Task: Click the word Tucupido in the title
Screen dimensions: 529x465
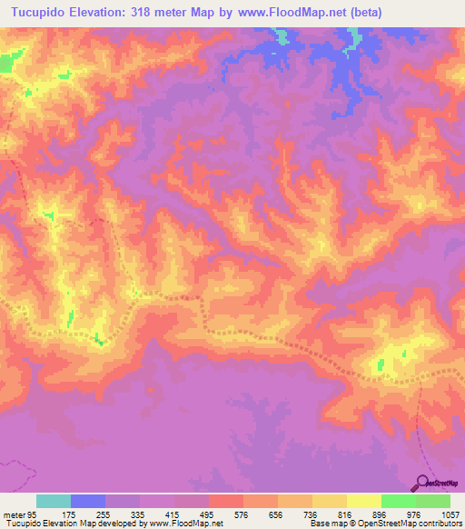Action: point(42,13)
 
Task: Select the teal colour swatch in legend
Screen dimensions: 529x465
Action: point(54,501)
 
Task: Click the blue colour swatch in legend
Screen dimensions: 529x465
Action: point(88,501)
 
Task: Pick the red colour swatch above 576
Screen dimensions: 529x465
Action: point(225,501)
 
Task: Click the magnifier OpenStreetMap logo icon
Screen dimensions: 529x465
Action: point(424,482)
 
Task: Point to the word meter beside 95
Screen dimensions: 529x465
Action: point(14,514)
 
